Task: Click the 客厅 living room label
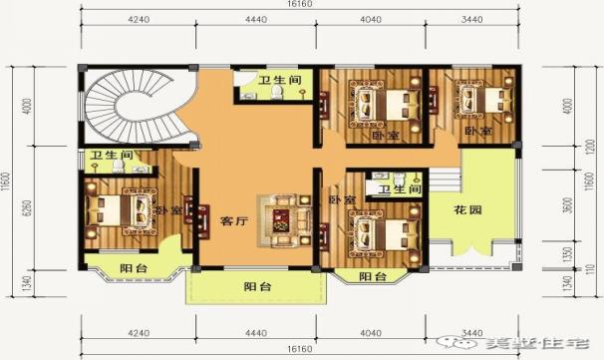(x=233, y=221)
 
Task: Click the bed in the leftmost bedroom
(x=117, y=209)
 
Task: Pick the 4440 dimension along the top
(x=254, y=19)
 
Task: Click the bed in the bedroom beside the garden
(x=385, y=234)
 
